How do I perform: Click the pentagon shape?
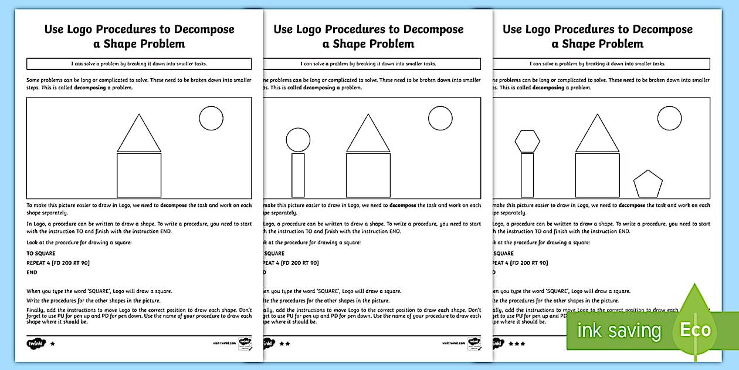(648, 184)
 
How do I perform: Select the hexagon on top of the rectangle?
(527, 141)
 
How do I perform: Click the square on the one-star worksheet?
(139, 175)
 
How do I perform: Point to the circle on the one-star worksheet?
(211, 118)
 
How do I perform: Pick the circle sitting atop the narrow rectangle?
(298, 140)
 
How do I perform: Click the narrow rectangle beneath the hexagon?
(527, 175)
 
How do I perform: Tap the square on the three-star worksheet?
(597, 175)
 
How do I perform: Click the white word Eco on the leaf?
(696, 329)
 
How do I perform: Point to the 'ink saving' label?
(619, 331)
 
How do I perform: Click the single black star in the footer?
(53, 343)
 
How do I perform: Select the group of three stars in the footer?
(517, 343)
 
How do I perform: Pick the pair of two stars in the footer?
(284, 343)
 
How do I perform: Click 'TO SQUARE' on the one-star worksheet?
(41, 253)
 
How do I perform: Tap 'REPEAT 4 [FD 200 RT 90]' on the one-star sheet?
(58, 263)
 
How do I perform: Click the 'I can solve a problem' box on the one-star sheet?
(139, 63)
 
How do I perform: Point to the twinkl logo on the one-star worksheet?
(35, 343)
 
